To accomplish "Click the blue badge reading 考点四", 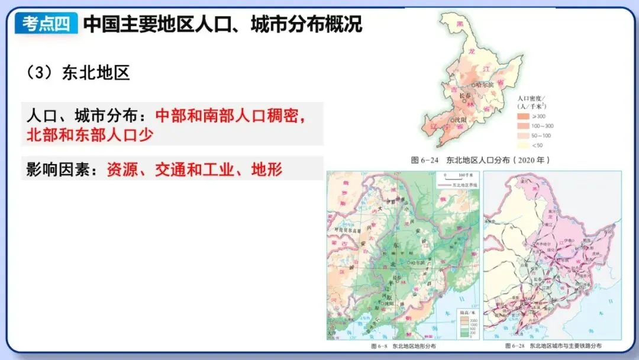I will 46,24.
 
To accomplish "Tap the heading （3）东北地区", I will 78,73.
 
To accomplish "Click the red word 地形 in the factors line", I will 267,170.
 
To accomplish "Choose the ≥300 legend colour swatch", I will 522,116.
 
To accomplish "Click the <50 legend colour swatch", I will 522,145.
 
